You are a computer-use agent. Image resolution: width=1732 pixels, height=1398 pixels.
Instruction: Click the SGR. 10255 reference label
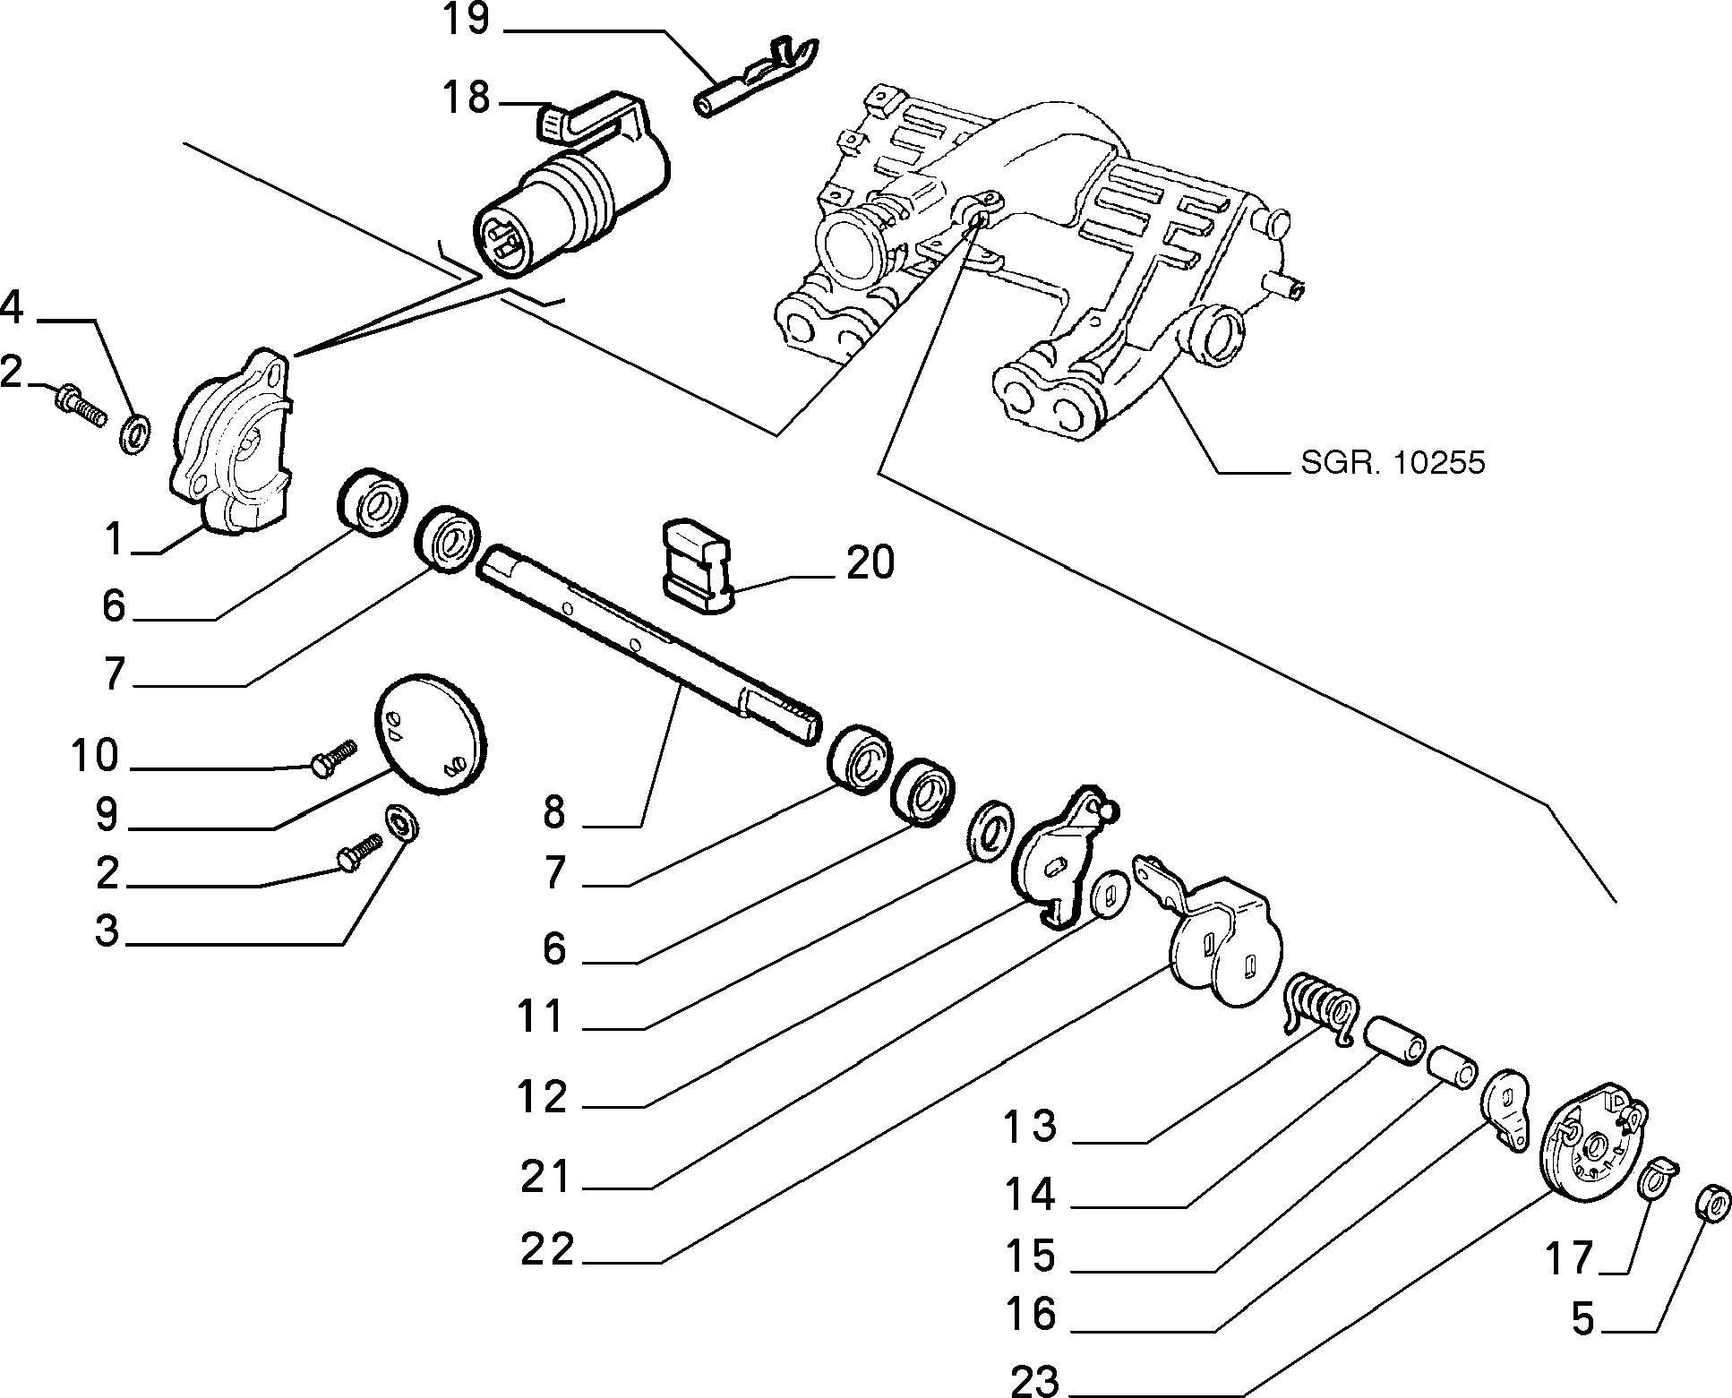(x=1392, y=462)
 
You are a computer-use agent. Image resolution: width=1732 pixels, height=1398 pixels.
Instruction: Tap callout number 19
(x=466, y=19)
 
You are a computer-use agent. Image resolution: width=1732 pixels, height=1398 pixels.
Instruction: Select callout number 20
(x=870, y=563)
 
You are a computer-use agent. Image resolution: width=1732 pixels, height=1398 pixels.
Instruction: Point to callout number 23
(x=1034, y=1381)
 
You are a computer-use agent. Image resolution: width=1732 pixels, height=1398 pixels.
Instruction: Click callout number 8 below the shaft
(x=555, y=813)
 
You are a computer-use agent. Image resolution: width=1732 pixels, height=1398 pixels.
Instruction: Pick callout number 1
(x=113, y=539)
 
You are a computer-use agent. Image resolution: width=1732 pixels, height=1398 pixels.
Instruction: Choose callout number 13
(x=1031, y=1126)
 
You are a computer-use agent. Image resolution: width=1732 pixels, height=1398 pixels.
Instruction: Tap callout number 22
(x=547, y=1249)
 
